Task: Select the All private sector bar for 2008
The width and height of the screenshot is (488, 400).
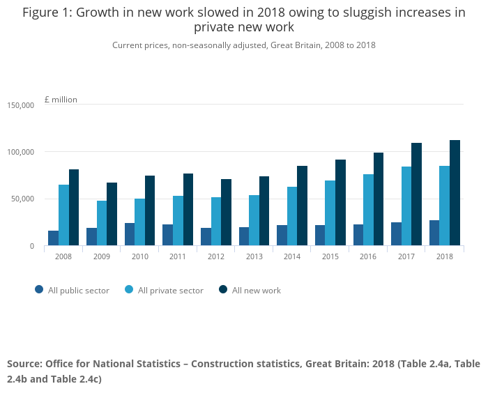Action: click(63, 215)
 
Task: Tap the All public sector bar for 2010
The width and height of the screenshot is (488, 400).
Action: click(130, 234)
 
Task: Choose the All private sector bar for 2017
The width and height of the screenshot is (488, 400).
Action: click(406, 206)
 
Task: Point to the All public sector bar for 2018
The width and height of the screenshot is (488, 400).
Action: click(434, 233)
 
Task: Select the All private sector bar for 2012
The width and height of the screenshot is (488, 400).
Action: click(216, 222)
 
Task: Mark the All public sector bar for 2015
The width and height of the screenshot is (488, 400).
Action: click(320, 236)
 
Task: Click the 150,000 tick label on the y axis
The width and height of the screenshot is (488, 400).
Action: click(21, 105)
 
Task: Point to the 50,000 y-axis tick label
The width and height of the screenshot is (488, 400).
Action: click(23, 199)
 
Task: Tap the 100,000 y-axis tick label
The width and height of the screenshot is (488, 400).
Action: click(21, 152)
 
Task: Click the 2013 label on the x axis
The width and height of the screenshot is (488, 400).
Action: click(254, 256)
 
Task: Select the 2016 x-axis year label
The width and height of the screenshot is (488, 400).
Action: click(368, 256)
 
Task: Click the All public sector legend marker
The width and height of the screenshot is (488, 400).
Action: click(39, 290)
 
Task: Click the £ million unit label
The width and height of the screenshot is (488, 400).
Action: click(61, 100)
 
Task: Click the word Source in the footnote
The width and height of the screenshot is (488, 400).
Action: click(24, 364)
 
